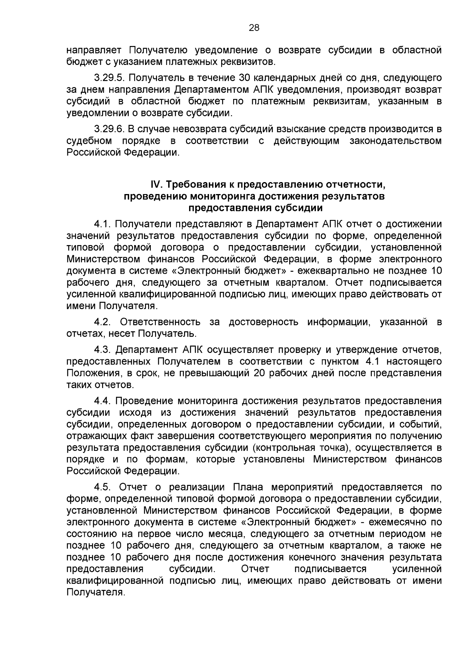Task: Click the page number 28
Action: (254, 27)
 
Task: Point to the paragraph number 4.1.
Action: (103, 224)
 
